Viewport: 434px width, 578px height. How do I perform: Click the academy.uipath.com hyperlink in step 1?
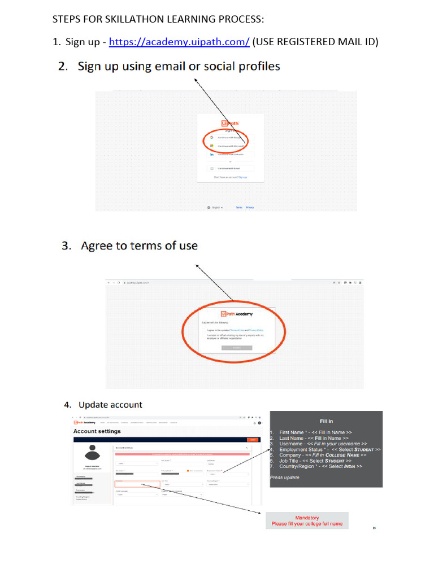tap(179, 42)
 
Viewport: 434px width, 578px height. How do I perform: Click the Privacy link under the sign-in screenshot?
tap(250, 207)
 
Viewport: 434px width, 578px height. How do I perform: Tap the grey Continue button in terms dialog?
tap(237, 348)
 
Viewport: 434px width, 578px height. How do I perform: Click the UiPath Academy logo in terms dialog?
tap(237, 314)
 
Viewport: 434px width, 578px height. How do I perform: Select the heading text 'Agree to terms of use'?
tap(139, 246)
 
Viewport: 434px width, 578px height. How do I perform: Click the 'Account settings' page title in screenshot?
tap(97, 431)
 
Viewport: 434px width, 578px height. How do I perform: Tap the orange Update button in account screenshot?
tap(253, 440)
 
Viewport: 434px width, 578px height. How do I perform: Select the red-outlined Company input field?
tap(137, 484)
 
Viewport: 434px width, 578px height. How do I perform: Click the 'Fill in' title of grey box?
tap(326, 421)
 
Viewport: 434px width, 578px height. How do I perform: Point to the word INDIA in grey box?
tap(351, 466)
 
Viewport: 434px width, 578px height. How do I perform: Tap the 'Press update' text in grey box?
tap(285, 478)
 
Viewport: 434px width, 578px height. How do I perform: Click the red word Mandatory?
tap(307, 518)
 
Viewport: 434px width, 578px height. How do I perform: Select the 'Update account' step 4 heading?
tap(110, 405)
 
